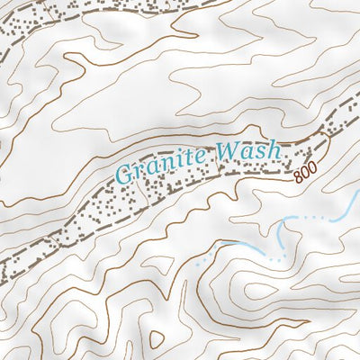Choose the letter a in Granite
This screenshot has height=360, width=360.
(x=152, y=168)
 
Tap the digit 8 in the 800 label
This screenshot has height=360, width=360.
(x=297, y=178)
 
